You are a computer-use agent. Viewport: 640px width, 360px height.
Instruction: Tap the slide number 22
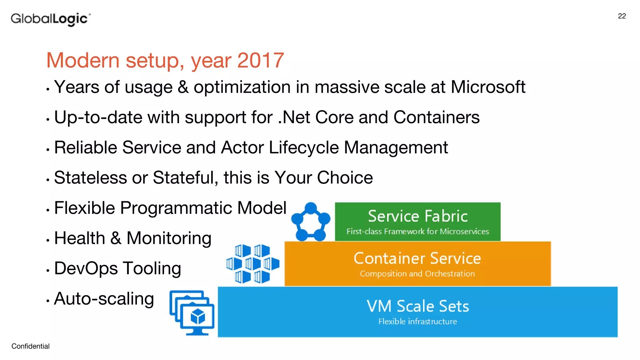pos(622,16)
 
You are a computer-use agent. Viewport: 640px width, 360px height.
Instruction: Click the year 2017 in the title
pos(260,60)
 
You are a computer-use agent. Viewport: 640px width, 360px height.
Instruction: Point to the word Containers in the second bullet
pos(436,117)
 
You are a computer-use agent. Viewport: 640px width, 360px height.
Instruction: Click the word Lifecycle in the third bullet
pos(303,147)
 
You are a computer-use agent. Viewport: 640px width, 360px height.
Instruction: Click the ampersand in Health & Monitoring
pos(116,238)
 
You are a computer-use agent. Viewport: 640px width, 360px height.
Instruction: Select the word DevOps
pos(86,268)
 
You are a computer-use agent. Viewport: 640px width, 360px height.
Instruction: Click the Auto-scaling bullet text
pos(104,299)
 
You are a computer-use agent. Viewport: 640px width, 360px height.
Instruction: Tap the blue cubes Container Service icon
pos(252,264)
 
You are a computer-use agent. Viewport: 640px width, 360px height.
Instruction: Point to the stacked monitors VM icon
pos(192,313)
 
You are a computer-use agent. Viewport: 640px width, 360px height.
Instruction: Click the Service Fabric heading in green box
pos(417,216)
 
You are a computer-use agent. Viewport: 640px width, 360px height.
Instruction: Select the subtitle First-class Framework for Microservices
pos(417,232)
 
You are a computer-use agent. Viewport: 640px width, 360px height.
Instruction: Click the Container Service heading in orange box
pos(417,258)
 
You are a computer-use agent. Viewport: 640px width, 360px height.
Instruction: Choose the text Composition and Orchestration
pos(417,274)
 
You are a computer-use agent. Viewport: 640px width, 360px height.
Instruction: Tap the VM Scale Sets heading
pos(417,306)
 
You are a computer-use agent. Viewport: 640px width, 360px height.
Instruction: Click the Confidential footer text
pos(30,346)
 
